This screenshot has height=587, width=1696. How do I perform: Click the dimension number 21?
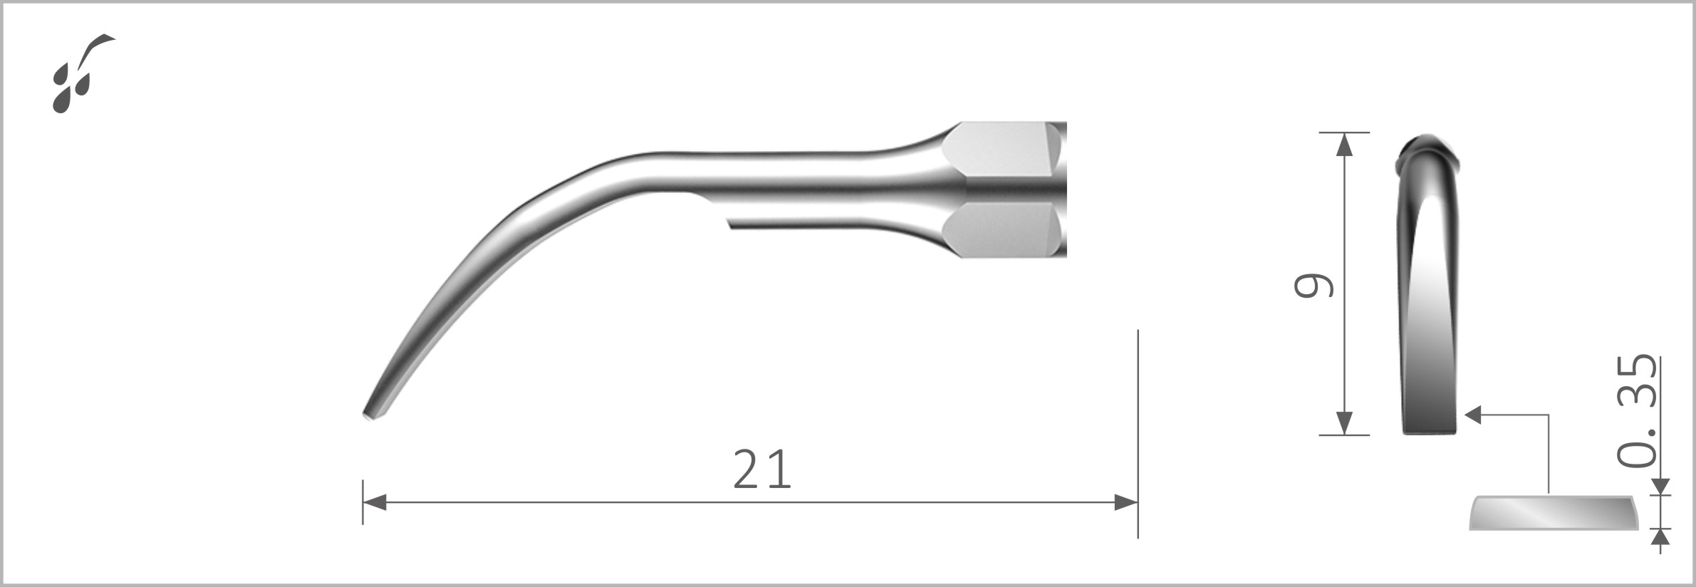pos(761,469)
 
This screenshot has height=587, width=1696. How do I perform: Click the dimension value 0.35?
pos(1637,411)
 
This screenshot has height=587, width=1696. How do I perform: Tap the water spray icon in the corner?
pos(80,74)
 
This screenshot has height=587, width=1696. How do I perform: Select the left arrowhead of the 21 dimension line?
pos(375,502)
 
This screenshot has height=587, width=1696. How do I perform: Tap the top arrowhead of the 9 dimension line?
pos(1344,144)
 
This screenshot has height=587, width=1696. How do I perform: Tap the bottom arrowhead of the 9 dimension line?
pos(1344,423)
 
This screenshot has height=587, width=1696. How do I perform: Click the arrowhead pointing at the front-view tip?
pos(1472,415)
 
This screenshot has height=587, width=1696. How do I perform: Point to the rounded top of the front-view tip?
pos(1429,142)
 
